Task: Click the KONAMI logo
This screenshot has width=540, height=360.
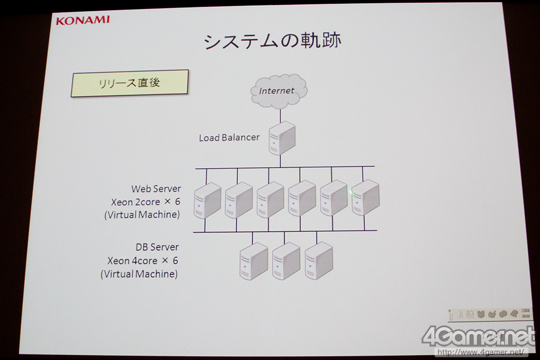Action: point(83,20)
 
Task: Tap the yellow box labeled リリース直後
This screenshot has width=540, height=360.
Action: point(130,83)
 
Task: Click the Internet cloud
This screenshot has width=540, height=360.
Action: point(277,91)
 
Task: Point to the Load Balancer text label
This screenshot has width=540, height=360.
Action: point(229,138)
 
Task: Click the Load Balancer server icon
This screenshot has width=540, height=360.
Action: point(282,138)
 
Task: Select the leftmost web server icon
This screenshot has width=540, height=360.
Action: point(207,200)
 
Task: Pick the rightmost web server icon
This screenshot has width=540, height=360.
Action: point(365,197)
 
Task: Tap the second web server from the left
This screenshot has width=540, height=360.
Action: point(239,200)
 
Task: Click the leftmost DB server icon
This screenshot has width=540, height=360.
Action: point(254,261)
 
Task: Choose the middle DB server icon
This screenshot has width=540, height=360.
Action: point(286,260)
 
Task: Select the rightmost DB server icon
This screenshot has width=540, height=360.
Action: point(319,260)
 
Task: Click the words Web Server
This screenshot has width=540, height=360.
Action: point(156,189)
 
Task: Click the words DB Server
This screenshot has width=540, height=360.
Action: point(157,247)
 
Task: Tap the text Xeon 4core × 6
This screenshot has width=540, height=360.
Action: point(142,261)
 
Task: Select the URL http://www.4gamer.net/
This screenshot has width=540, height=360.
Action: point(480,352)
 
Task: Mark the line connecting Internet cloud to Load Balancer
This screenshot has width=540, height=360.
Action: point(280,115)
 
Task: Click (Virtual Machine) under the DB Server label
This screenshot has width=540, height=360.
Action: point(139,274)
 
